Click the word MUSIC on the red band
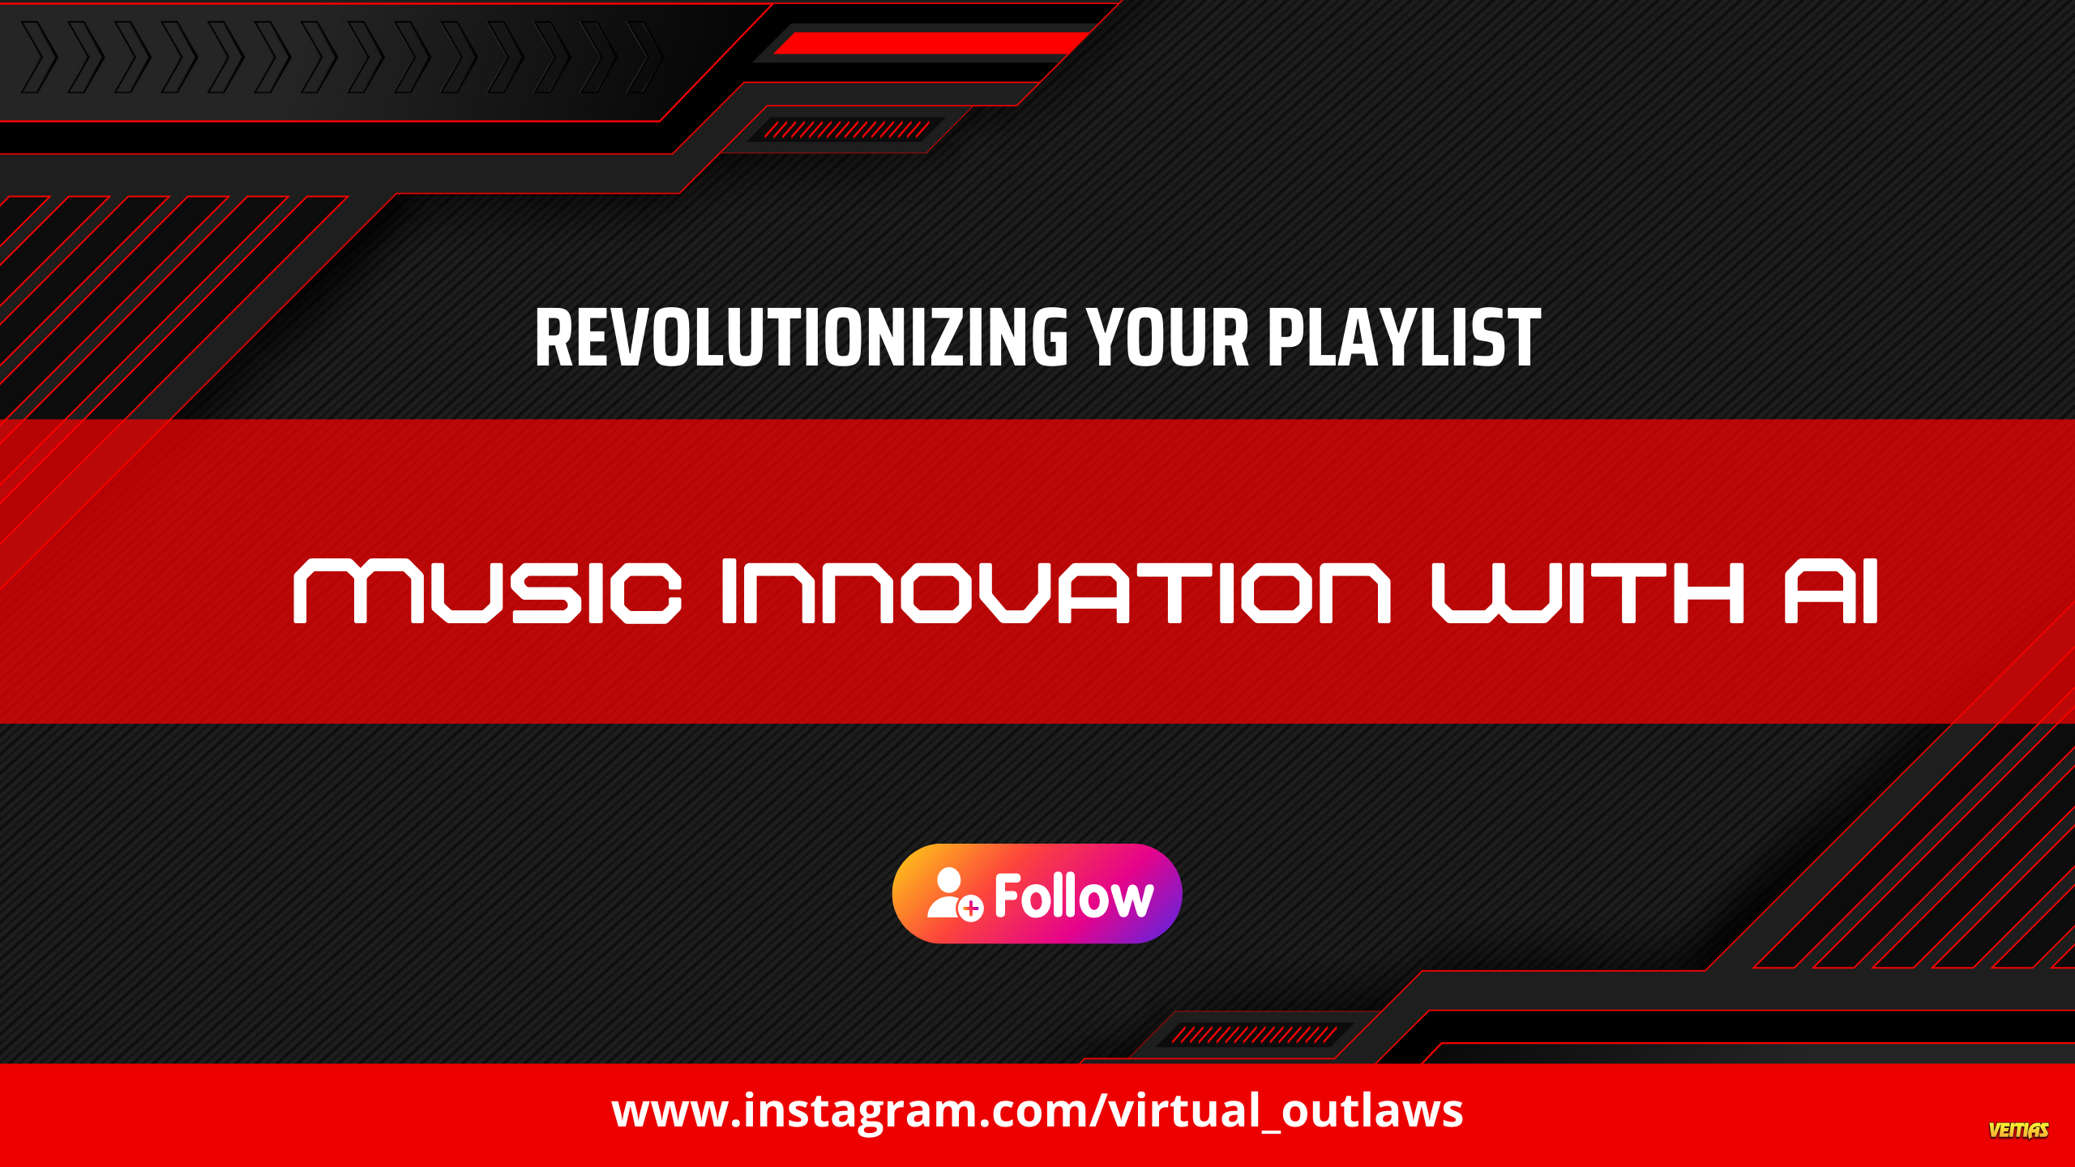click(x=487, y=592)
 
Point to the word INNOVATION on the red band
click(x=1056, y=592)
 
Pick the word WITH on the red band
click(x=1588, y=592)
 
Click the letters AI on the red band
click(x=1831, y=592)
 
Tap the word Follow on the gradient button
click(x=1074, y=896)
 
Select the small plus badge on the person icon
click(x=971, y=908)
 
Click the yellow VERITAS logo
click(x=2018, y=1130)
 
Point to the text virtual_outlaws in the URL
click(x=1286, y=1110)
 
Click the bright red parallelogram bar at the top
click(x=932, y=43)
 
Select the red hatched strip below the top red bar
click(x=846, y=130)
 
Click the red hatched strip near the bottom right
click(x=1254, y=1035)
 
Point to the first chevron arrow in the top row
click(x=39, y=57)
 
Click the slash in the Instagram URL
click(x=1097, y=1110)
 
